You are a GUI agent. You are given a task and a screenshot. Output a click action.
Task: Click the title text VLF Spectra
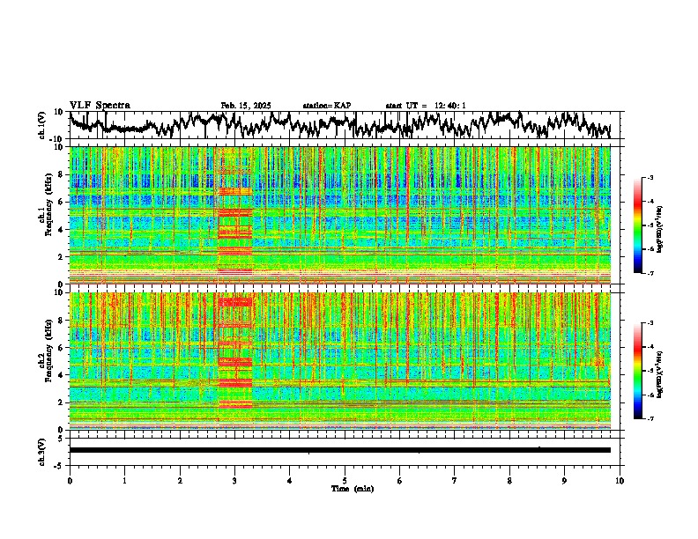coord(100,105)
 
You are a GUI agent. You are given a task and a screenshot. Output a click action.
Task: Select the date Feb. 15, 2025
coord(245,106)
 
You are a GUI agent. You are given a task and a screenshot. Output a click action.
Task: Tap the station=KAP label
coord(326,106)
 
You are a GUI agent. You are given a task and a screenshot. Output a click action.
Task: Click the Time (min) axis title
coord(352,488)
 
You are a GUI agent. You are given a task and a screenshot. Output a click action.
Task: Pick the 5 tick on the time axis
coord(345,480)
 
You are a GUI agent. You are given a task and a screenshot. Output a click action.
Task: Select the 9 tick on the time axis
coord(565,480)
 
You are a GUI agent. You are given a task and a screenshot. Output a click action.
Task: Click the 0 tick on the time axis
coord(70,480)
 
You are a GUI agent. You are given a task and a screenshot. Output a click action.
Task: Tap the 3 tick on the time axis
coord(234,480)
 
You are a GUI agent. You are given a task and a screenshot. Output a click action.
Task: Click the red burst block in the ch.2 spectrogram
coord(234,352)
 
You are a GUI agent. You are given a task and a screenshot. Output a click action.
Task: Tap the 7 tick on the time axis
coord(455,480)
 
